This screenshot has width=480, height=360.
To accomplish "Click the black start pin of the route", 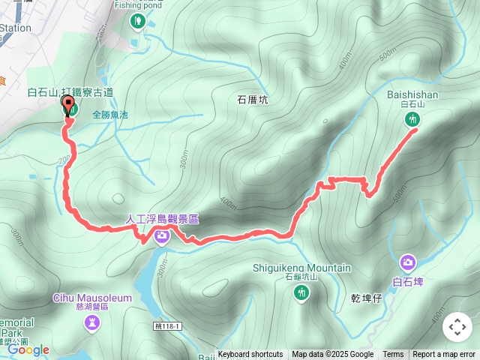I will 68,105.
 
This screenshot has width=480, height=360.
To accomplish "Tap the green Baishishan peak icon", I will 411,119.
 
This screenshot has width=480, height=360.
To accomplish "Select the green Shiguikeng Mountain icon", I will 301,294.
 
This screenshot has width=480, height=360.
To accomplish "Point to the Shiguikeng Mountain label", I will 301,268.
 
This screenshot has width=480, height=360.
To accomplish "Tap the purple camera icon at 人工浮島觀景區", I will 162,238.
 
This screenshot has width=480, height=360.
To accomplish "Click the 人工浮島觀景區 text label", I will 162,220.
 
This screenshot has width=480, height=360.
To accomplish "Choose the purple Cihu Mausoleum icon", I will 92,322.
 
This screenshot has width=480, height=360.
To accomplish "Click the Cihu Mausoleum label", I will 92,298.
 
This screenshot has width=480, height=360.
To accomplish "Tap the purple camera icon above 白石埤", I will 408,262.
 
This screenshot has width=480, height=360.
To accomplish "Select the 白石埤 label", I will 408,282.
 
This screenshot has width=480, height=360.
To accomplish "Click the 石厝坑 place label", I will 252,99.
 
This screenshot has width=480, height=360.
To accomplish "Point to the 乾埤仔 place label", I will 367,298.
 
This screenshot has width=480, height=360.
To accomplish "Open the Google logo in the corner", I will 28,349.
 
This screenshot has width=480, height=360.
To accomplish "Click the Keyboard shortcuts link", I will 250,355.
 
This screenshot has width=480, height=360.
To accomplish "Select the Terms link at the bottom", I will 393,355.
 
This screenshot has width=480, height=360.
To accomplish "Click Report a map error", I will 444,355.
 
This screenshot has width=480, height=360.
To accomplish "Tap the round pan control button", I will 457,327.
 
